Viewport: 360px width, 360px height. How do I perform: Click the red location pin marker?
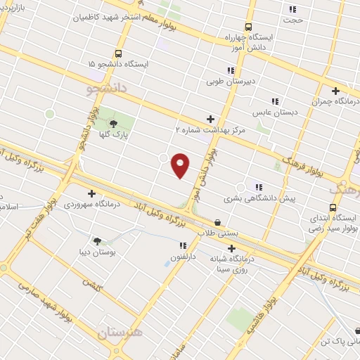181,165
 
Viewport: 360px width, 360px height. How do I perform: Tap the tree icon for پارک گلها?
113,124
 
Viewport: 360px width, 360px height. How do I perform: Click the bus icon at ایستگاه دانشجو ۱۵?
118,53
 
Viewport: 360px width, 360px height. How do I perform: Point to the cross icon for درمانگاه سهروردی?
91,193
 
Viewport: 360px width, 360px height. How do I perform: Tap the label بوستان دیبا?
98,251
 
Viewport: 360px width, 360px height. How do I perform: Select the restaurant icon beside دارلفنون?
183,246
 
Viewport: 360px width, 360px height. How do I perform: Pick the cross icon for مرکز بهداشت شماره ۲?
210,119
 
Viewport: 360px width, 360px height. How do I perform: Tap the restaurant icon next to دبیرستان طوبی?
231,70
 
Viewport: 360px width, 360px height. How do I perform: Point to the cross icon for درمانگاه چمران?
336,91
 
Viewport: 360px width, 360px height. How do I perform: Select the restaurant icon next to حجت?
292,10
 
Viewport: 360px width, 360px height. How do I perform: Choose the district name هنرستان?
117,332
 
